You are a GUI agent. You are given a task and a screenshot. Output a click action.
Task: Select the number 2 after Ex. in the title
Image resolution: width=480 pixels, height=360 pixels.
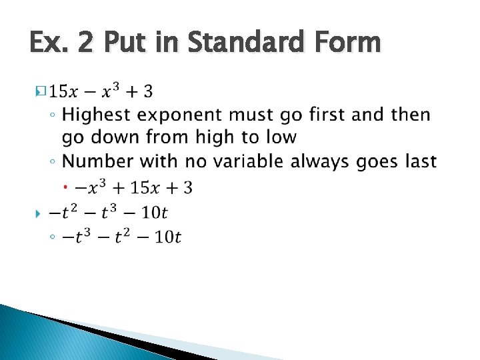click(x=88, y=43)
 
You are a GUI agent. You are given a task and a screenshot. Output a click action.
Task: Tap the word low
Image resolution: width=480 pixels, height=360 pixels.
click(x=281, y=137)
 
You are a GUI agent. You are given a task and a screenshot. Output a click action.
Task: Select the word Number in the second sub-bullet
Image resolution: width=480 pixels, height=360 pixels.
click(x=95, y=161)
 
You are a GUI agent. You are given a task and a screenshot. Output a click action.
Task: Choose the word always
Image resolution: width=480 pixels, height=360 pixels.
click(x=340, y=162)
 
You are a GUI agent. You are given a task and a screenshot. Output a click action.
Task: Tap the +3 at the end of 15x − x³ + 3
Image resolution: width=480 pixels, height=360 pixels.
click(x=141, y=89)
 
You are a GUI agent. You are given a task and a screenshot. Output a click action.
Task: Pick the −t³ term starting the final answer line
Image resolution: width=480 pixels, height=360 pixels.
click(x=77, y=237)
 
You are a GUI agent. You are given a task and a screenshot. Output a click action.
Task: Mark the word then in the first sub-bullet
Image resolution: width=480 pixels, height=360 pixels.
click(x=411, y=115)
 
